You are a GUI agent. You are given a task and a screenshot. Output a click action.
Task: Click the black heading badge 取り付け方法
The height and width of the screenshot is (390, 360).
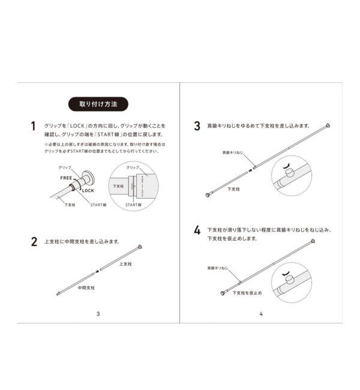pyautogui.click(x=98, y=104)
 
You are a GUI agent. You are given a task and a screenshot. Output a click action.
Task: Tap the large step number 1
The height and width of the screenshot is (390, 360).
pyautogui.click(x=34, y=127)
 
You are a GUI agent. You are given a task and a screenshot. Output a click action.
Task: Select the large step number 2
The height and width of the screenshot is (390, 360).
pyautogui.click(x=34, y=242)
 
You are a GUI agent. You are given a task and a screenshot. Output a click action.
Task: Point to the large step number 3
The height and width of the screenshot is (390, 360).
pyautogui.click(x=197, y=127)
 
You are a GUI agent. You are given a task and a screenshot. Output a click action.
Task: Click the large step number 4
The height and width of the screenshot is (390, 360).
pyautogui.click(x=197, y=230)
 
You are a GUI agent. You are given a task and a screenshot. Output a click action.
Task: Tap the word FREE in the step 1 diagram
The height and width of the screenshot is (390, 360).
pyautogui.click(x=66, y=178)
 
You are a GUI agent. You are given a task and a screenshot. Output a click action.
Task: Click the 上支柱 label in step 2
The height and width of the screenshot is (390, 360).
pyautogui.click(x=125, y=264)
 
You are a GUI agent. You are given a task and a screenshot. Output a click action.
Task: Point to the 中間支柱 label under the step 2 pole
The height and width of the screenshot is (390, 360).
pyautogui.click(x=86, y=287)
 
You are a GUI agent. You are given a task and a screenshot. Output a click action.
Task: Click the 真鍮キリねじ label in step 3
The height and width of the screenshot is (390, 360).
pyautogui.click(x=233, y=153)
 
